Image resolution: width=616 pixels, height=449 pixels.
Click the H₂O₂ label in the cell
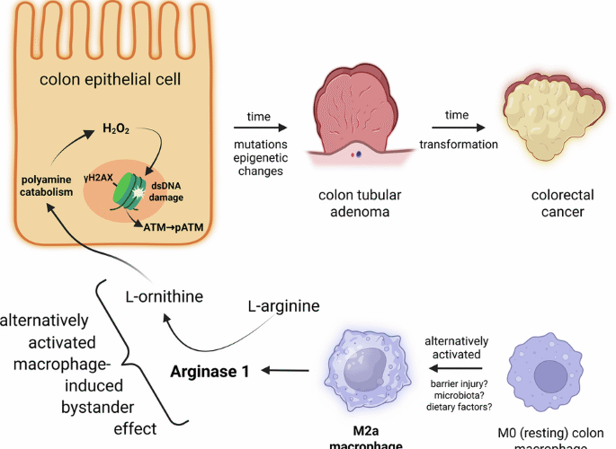pos(115,129)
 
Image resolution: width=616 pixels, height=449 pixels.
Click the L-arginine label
pos(282,306)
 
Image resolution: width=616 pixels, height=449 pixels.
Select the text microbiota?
pos(455,396)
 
